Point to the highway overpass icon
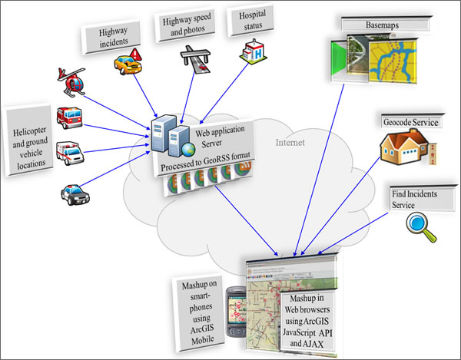click(x=195, y=57)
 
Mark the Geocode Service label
click(x=410, y=121)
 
